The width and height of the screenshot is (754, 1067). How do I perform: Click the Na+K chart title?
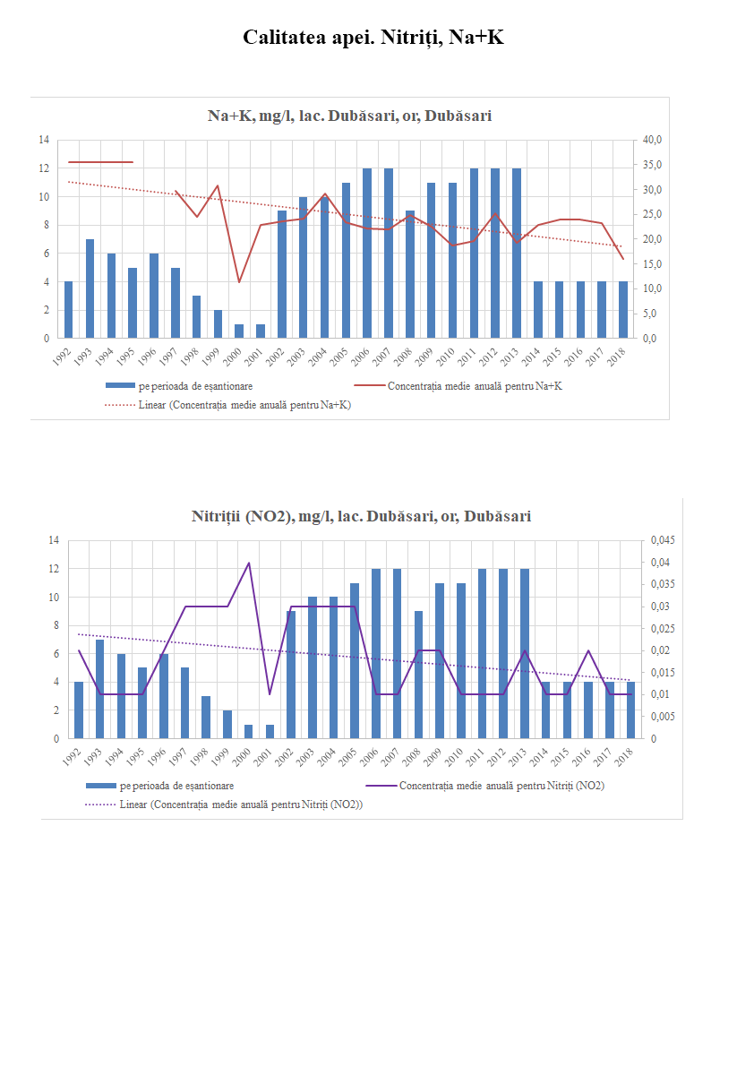[349, 116]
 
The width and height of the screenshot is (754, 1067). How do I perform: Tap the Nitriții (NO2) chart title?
[361, 517]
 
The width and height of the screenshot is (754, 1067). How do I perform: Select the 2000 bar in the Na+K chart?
[239, 331]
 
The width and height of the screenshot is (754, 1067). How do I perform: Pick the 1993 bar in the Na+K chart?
[90, 288]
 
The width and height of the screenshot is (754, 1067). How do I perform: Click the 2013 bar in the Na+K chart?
[516, 254]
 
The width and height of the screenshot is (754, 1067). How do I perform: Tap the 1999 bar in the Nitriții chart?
[227, 725]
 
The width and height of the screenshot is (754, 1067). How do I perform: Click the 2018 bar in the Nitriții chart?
[630, 710]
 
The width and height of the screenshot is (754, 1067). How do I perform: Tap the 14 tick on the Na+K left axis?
[43, 140]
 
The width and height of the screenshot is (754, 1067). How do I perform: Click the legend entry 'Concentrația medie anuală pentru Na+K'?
[475, 387]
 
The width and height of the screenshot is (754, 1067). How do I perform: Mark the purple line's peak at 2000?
[249, 563]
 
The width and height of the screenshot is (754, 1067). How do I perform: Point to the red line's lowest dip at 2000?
[239, 282]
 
